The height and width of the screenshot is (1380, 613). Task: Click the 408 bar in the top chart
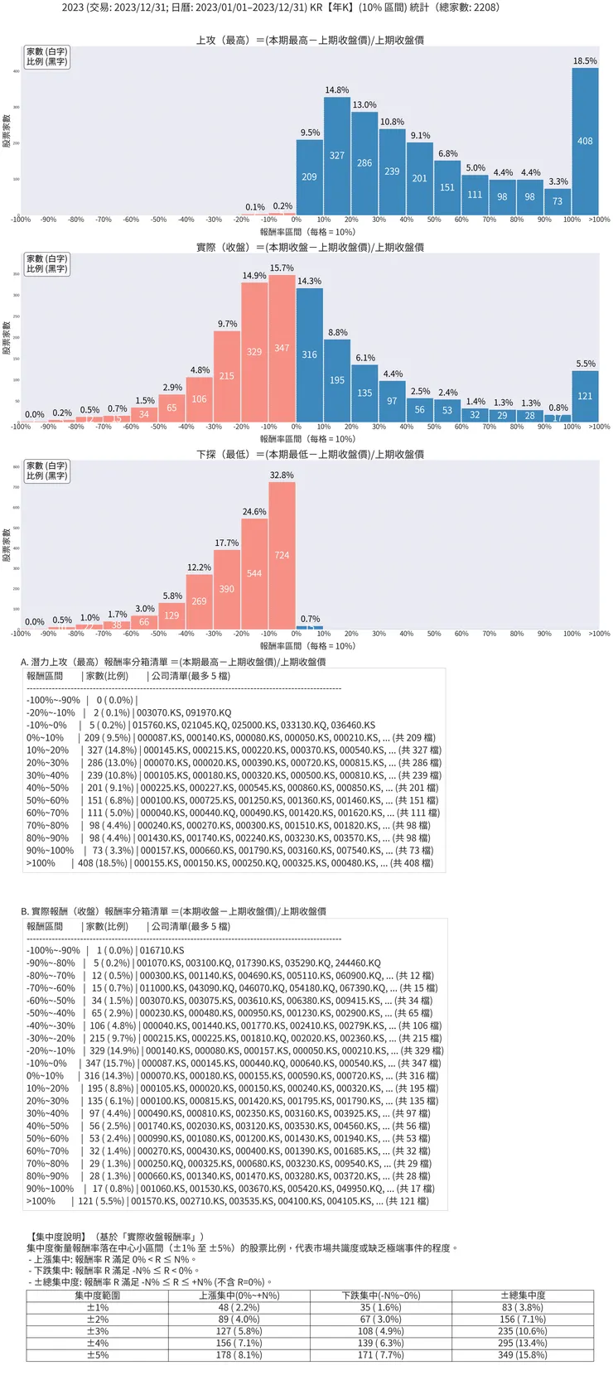pos(585,142)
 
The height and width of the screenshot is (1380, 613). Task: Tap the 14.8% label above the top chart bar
pos(337,90)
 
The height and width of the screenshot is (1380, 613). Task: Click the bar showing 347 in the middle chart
pos(282,348)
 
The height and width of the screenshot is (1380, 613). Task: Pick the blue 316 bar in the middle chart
pos(309,355)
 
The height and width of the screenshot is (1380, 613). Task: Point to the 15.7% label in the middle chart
pos(282,268)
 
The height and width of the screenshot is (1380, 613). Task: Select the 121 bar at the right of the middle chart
pos(585,396)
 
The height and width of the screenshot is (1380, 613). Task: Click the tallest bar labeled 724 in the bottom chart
pos(282,555)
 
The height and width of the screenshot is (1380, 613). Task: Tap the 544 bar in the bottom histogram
pos(254,573)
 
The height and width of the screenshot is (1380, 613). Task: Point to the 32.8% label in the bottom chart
pos(282,475)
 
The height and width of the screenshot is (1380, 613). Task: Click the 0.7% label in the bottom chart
pos(310,619)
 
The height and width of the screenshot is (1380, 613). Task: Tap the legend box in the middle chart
pos(46,264)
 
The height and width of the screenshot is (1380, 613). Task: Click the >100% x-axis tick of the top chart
pos(599,220)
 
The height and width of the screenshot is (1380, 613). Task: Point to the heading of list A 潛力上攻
pos(173,662)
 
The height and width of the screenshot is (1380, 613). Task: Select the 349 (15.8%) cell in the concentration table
pos(522,1355)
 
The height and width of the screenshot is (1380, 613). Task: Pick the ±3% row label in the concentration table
pos(98,1331)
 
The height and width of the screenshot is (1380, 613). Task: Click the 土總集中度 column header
pos(522,1296)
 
